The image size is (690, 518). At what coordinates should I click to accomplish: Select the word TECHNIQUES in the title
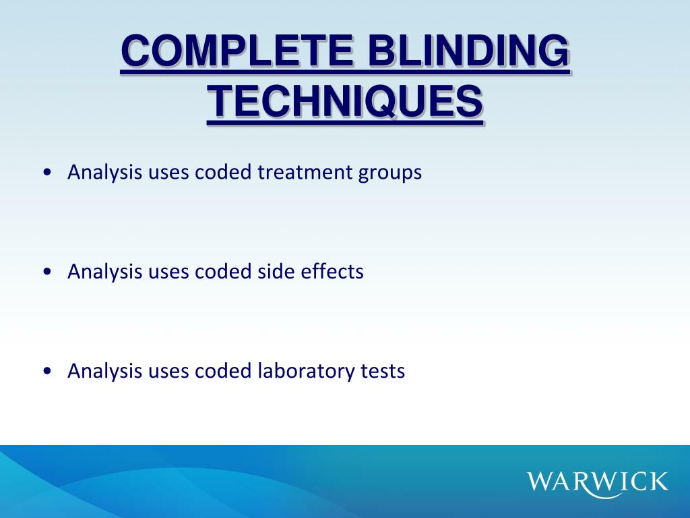coord(344,102)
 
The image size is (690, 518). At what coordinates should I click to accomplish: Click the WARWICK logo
coord(598,482)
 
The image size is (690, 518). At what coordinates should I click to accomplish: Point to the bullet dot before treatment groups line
coord(46,173)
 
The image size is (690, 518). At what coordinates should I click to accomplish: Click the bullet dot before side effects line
coord(46,272)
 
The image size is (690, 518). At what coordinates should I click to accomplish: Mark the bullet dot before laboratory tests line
coord(46,371)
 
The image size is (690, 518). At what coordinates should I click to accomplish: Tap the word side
coord(273,272)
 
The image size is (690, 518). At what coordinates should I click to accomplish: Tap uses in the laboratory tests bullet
coord(168,372)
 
